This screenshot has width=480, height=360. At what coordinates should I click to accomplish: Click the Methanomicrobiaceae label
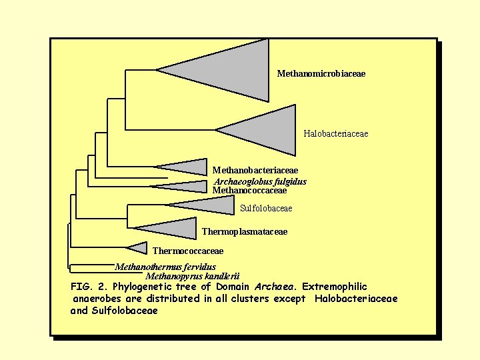(x=321, y=73)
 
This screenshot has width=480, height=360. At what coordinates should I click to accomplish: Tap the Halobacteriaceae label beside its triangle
(x=335, y=134)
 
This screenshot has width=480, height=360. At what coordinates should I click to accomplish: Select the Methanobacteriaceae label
(x=255, y=171)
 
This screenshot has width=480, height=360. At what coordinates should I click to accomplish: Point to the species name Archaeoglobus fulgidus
(x=260, y=181)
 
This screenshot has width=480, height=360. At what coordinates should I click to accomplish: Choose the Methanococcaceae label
(x=249, y=190)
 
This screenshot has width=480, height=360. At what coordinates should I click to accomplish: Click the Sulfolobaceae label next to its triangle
(x=265, y=208)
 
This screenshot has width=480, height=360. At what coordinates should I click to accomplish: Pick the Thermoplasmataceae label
(x=244, y=231)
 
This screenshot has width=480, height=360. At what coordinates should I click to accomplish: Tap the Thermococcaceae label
(x=188, y=251)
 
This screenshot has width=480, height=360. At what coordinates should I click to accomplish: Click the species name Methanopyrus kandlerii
(x=192, y=276)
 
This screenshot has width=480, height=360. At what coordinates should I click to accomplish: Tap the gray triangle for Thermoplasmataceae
(x=173, y=228)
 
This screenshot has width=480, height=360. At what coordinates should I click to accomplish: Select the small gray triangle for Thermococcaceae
(x=139, y=248)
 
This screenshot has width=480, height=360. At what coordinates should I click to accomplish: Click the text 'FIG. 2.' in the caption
(x=89, y=287)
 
